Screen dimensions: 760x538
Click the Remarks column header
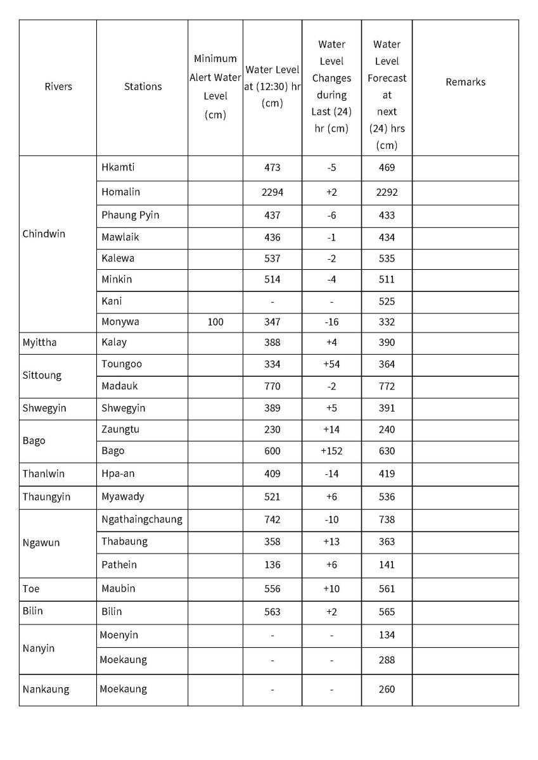tap(465, 82)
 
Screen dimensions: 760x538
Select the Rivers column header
tap(58, 87)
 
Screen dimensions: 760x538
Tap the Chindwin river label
tap(44, 234)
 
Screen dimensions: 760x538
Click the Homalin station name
tap(120, 192)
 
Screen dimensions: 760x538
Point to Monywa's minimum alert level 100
tap(215, 322)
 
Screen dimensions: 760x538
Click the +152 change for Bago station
tap(331, 452)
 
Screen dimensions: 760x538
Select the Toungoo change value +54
tap(331, 365)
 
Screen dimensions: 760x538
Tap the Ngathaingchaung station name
tap(141, 519)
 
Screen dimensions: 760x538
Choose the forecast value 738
tap(387, 520)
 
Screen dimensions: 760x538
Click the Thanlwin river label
tap(43, 474)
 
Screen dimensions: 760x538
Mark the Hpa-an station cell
tap(118, 474)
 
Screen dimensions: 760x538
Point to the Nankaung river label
tap(46, 690)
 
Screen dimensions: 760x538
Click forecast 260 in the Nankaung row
tap(387, 690)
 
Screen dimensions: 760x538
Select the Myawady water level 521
tap(272, 497)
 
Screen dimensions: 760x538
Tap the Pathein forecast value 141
tap(387, 565)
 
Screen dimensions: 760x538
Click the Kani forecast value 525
tap(387, 301)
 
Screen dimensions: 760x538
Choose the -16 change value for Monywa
tap(331, 322)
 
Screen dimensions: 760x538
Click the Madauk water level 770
tap(272, 386)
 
